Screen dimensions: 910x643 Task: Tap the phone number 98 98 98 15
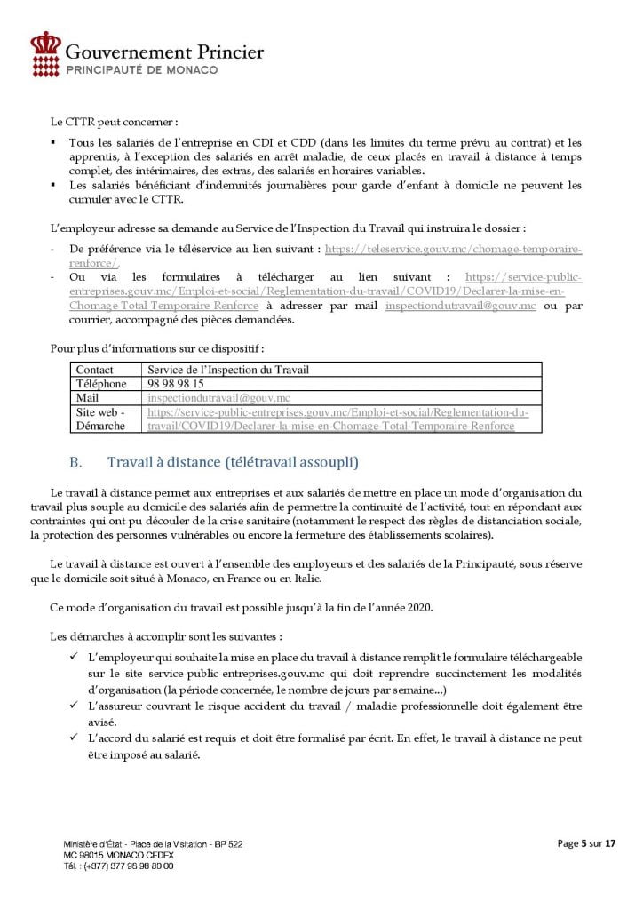176,384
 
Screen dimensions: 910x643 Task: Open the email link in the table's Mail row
221,398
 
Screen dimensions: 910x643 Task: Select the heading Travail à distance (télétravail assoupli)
234,462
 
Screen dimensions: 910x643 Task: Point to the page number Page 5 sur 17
586,844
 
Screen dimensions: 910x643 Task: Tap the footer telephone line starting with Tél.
118,865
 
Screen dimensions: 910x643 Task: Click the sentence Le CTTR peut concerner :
114,122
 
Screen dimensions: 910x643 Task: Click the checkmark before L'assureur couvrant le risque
74,706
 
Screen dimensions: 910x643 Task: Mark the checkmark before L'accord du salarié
74,738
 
